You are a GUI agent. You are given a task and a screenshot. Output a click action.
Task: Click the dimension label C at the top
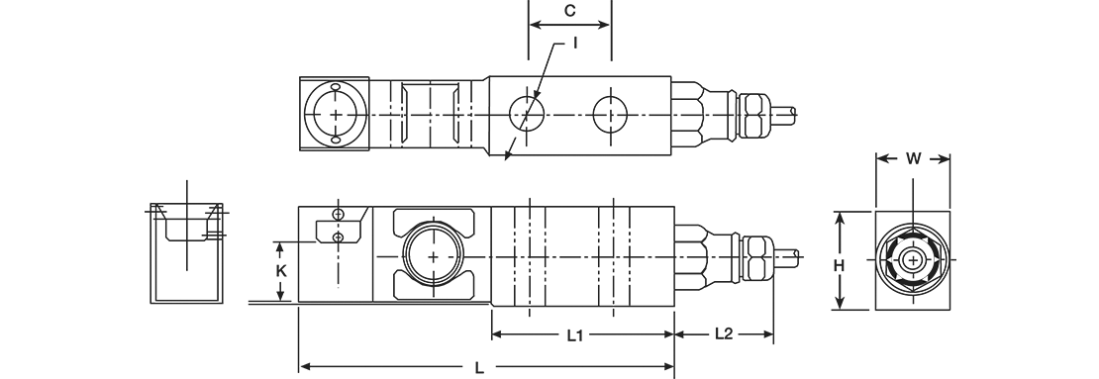[x=570, y=11]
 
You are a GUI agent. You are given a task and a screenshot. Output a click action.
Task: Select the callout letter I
[x=575, y=43]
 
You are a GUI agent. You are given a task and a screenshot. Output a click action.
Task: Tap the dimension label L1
[x=574, y=335]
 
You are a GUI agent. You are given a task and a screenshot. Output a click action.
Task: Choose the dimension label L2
[x=724, y=334]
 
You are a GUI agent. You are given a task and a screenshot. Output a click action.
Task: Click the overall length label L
[x=479, y=368]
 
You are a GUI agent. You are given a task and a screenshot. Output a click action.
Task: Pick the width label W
[x=913, y=159]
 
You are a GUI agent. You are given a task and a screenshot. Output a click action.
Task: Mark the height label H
[x=839, y=265]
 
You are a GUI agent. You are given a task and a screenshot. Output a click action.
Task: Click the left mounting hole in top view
[x=528, y=114]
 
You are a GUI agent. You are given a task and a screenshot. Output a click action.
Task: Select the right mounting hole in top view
[x=611, y=114]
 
